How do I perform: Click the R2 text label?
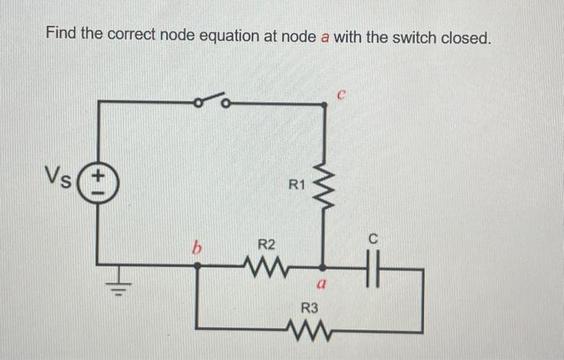pyautogui.click(x=266, y=244)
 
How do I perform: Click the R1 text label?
pyautogui.click(x=297, y=185)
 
